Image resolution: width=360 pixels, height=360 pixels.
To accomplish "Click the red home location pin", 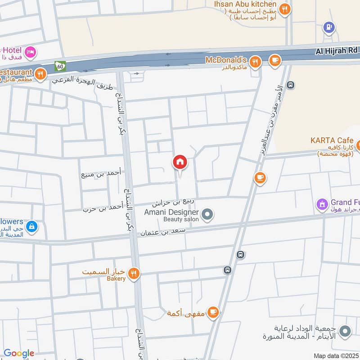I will [180, 163].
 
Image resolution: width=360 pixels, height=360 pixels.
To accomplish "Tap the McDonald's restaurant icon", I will [256, 62].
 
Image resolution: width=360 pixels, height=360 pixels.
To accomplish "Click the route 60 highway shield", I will [60, 66].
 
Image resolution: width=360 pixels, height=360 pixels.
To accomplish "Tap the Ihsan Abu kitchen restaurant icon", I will [284, 9].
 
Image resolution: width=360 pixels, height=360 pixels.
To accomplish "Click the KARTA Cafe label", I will [332, 140].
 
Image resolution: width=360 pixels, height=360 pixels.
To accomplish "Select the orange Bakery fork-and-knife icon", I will [133, 273].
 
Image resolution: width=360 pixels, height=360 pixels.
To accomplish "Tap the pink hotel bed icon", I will [31, 52].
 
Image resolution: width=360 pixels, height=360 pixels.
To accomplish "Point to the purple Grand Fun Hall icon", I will [322, 205].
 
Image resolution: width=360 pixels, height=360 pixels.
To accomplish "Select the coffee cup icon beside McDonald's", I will [274, 60].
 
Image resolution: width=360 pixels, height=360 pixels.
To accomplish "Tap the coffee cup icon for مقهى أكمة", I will [213, 313].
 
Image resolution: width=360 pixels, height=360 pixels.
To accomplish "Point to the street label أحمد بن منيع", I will [101, 173].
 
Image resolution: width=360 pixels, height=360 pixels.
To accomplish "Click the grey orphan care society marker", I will [345, 332].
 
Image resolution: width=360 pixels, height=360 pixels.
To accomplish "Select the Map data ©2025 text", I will [336, 355].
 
